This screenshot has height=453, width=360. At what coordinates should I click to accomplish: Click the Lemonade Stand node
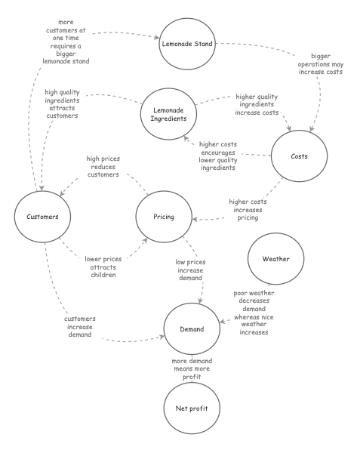pos(184,43)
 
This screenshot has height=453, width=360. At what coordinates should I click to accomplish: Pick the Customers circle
pos(42,217)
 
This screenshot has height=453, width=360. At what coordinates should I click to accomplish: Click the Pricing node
pos(164,217)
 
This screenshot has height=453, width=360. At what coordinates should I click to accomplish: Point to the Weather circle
pos(275,260)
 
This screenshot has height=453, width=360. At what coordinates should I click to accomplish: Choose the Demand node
pos(192,329)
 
